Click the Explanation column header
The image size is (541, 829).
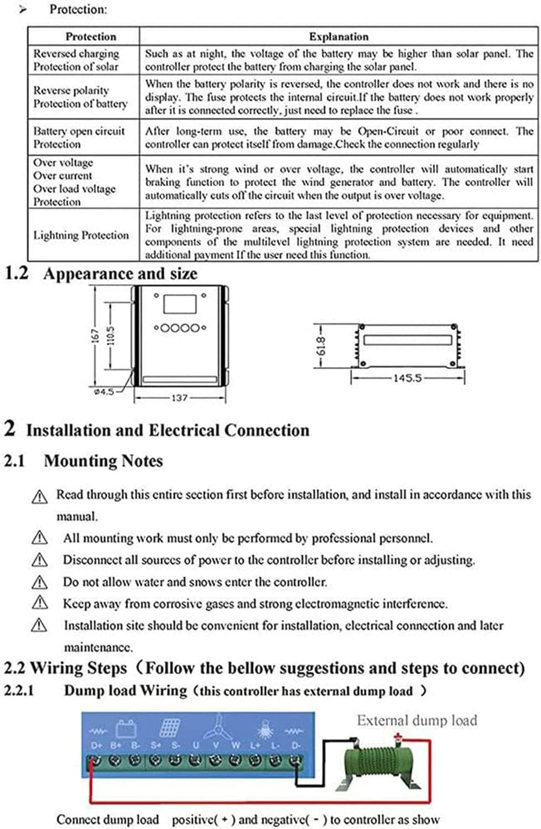(339, 36)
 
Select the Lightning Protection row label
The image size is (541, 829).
(81, 235)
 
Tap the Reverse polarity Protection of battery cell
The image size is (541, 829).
(80, 97)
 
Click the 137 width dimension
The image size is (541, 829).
(180, 397)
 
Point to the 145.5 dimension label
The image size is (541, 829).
(408, 378)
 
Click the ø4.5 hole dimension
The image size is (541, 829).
(104, 391)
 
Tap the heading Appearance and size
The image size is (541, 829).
(120, 274)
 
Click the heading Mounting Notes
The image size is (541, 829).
(103, 461)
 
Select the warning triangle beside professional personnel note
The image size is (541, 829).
(39, 537)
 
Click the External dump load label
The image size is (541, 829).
(417, 720)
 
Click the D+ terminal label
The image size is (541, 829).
(97, 746)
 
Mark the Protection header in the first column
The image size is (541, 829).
(91, 36)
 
